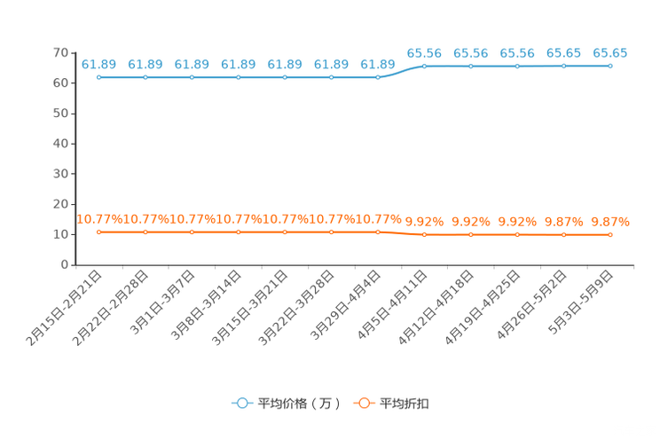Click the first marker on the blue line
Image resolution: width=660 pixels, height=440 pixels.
pyautogui.click(x=99, y=78)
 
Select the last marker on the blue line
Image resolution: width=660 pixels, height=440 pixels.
pyautogui.click(x=610, y=66)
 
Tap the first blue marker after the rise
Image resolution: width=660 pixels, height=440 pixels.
pyautogui.click(x=425, y=66)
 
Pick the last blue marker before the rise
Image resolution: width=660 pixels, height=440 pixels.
pyautogui.click(x=378, y=78)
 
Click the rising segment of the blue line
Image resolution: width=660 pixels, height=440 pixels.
pyautogui.click(x=401, y=71)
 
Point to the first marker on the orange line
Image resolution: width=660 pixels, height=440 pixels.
pyautogui.click(x=99, y=232)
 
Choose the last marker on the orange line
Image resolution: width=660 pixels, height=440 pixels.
pyautogui.click(x=610, y=235)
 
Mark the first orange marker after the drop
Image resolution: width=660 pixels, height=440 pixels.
pyautogui.click(x=425, y=235)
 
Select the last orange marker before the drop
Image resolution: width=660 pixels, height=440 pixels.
pyautogui.click(x=378, y=232)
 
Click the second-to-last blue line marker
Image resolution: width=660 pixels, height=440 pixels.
pyautogui.click(x=563, y=66)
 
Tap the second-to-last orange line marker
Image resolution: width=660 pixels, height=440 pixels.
pyautogui.click(x=563, y=235)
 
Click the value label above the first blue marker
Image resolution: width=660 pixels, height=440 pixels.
pyautogui.click(x=99, y=64)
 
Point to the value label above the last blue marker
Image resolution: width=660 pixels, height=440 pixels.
pyautogui.click(x=610, y=53)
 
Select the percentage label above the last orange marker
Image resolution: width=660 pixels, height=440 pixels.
pyautogui.click(x=610, y=222)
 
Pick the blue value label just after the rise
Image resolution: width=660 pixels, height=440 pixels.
pyautogui.click(x=425, y=53)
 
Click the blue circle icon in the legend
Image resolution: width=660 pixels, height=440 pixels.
pyautogui.click(x=242, y=403)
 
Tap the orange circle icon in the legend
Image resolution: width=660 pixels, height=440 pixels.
pyautogui.click(x=364, y=403)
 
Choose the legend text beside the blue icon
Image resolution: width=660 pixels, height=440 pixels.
pyautogui.click(x=298, y=404)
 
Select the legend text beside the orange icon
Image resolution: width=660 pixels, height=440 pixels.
pyautogui.click(x=405, y=404)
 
